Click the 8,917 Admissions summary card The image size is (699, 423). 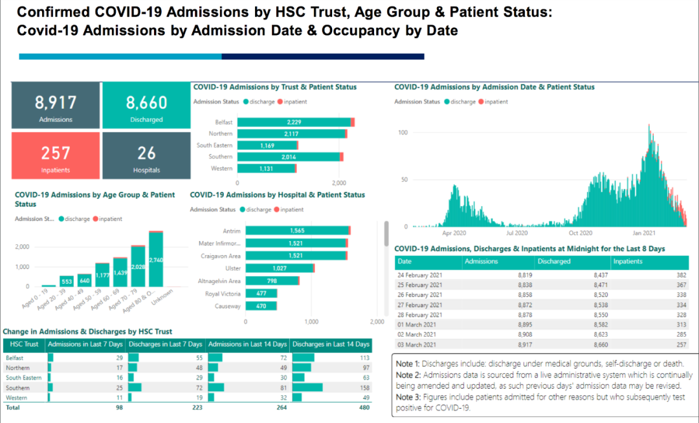[56, 106]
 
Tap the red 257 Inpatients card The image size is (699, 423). [56, 156]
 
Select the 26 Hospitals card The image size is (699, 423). [146, 156]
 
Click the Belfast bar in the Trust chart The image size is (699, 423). [294, 122]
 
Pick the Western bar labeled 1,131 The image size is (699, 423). [266, 168]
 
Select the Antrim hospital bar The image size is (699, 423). [297, 231]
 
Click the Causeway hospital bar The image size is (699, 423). [261, 306]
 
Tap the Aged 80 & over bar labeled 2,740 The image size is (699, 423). [155, 259]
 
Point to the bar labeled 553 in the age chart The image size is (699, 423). [67, 281]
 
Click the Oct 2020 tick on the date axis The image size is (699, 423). [581, 233]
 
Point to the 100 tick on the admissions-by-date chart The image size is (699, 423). [403, 132]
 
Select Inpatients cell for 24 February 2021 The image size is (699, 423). [649, 275]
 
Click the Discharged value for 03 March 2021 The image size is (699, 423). [573, 345]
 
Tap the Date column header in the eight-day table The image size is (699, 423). [405, 262]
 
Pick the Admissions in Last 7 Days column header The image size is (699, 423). [85, 344]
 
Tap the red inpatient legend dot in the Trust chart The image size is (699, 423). [280, 102]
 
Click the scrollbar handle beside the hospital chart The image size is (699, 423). [386, 233]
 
